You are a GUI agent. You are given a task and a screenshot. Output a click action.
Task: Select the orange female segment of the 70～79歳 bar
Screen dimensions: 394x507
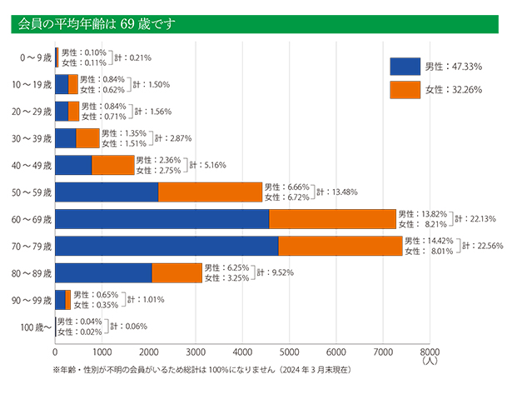340,246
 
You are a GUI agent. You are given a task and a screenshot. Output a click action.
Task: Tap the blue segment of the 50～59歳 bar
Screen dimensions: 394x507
107,192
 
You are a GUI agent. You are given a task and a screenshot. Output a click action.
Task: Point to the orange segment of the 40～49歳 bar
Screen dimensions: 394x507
112,166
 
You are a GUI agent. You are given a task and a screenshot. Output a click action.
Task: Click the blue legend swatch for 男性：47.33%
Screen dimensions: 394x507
405,67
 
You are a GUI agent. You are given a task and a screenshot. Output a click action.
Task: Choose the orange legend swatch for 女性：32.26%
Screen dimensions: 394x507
405,89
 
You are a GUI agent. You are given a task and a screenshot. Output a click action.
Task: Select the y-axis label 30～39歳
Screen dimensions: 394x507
34,138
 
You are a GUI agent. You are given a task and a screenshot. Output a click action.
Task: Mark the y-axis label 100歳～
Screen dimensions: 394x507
35,327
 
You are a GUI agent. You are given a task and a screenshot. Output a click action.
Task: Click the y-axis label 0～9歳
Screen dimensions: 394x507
36,58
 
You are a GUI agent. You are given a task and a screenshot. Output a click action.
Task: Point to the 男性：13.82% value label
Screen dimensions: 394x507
425,214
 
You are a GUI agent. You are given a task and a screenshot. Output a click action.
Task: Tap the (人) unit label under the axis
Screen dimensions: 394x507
429,361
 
